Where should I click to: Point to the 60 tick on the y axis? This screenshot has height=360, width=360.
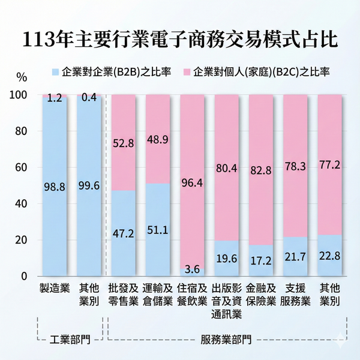point(21,167)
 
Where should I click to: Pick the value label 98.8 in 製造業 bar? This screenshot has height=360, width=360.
point(55,187)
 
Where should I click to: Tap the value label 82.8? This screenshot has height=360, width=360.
point(262,170)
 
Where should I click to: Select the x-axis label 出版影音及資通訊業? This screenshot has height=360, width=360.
point(227,300)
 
